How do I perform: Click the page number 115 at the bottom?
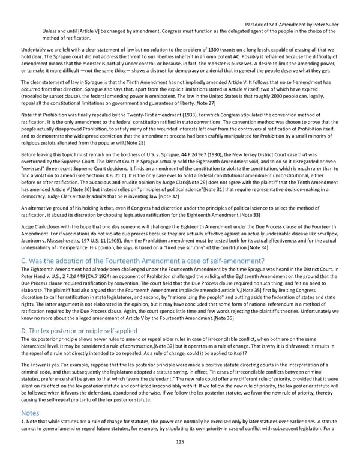pyautogui.click(x=179, y=442)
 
